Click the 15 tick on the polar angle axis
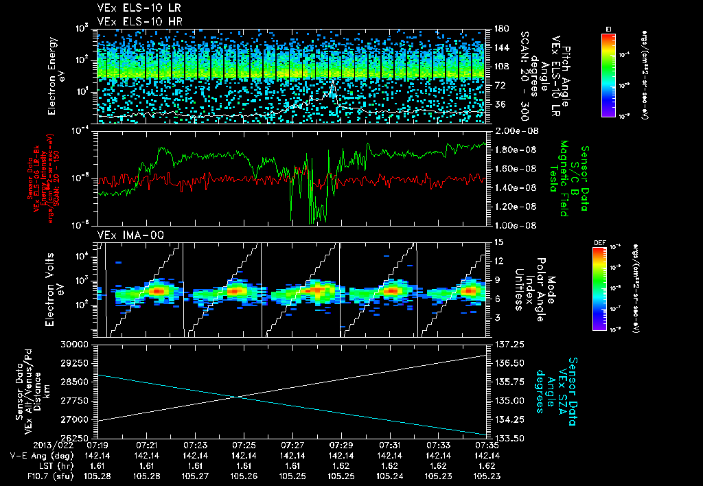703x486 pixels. coord(498,242)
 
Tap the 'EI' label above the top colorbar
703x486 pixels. coord(608,28)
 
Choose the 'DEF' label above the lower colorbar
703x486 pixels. coord(599,242)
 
